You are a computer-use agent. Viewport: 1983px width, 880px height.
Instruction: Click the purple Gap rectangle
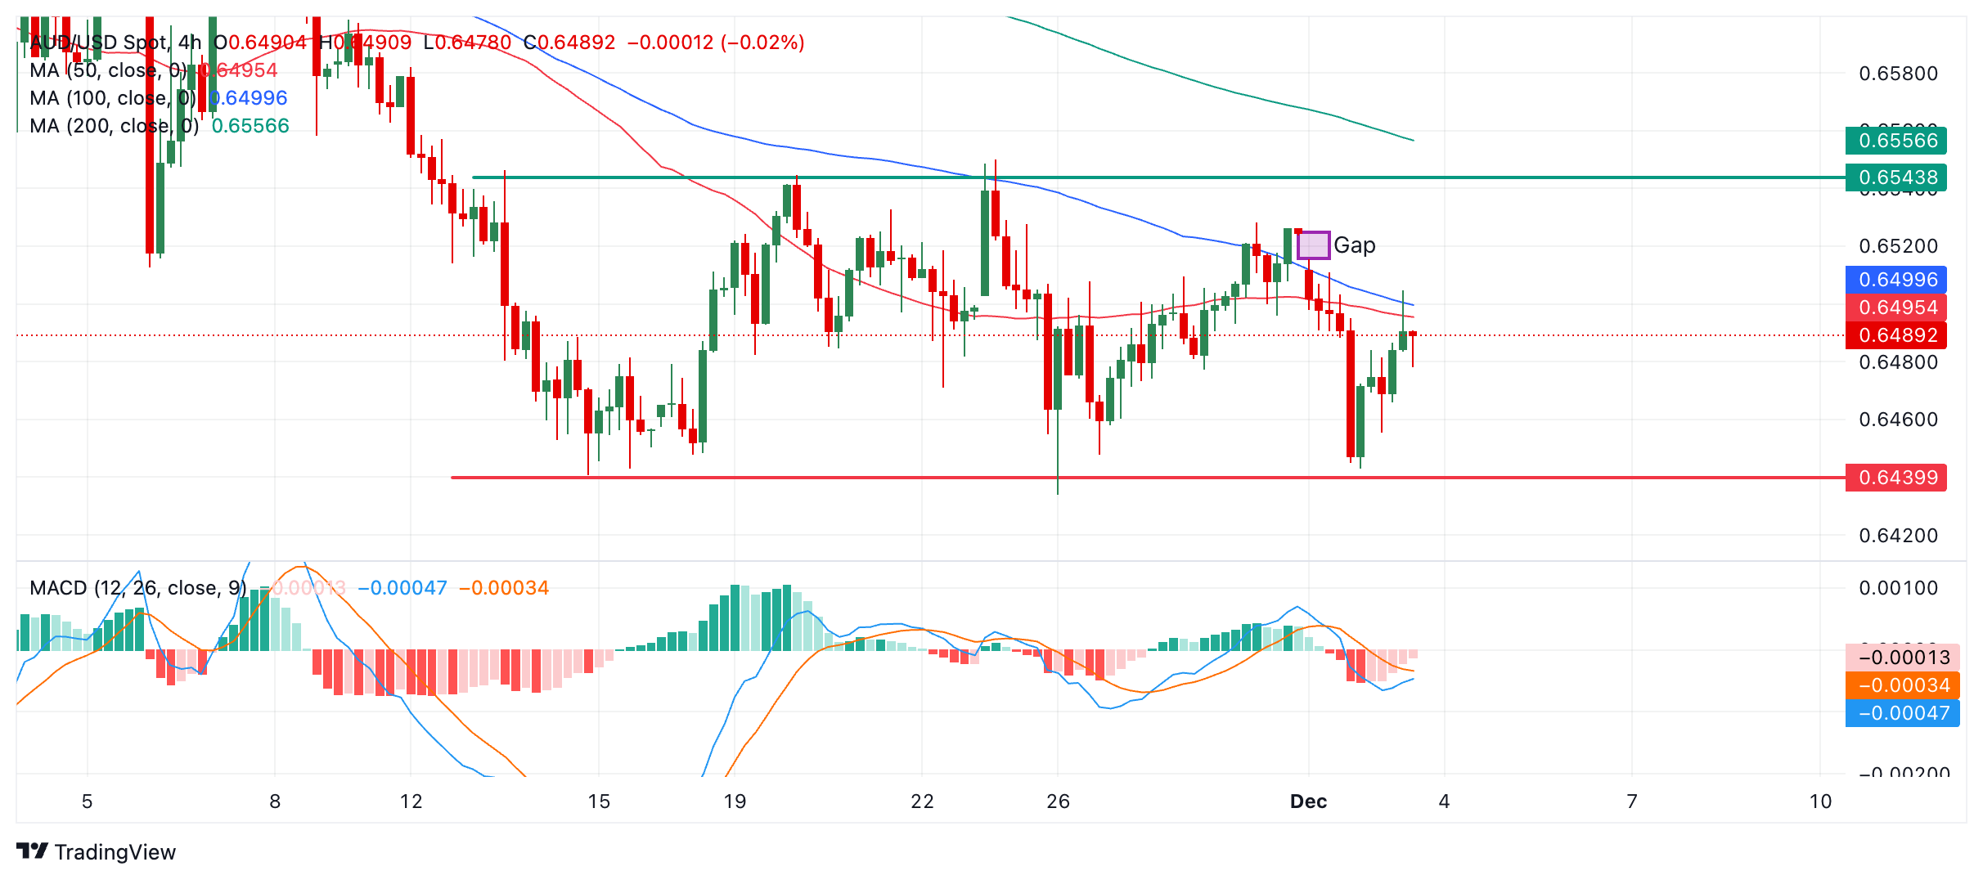coord(1313,245)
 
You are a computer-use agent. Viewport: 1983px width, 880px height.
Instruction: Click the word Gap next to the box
coord(1355,245)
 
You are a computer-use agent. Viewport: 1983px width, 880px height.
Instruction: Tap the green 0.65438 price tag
coord(1895,177)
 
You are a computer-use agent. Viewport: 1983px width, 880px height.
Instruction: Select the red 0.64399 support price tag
coord(1895,478)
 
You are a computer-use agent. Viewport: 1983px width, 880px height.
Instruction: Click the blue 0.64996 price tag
coord(1895,280)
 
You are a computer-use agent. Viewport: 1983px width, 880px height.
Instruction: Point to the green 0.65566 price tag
coord(1895,141)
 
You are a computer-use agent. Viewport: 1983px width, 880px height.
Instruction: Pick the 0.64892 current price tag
coord(1895,335)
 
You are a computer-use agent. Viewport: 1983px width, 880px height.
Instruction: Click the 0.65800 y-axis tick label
coord(1898,74)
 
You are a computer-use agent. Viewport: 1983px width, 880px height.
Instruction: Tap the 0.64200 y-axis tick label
coord(1898,536)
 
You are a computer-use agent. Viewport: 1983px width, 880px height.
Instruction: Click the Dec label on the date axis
coord(1308,801)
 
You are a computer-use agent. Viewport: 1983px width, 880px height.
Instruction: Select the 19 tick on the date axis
coord(735,801)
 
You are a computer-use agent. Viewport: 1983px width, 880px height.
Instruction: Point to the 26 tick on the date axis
coord(1058,801)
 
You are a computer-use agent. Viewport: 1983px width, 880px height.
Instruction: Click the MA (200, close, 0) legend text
coord(114,126)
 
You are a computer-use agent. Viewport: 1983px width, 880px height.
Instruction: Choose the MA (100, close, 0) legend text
coord(112,98)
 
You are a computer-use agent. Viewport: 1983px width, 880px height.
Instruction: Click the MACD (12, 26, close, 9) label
coord(137,588)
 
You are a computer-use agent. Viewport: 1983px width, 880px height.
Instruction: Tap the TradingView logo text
coord(115,852)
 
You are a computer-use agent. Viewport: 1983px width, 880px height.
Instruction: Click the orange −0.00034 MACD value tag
coord(1902,685)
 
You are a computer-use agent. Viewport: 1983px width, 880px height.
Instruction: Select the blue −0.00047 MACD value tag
coord(1902,713)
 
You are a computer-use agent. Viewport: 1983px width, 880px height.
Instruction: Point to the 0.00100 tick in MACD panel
coord(1898,588)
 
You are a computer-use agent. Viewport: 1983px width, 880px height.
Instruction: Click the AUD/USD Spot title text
coord(98,43)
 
